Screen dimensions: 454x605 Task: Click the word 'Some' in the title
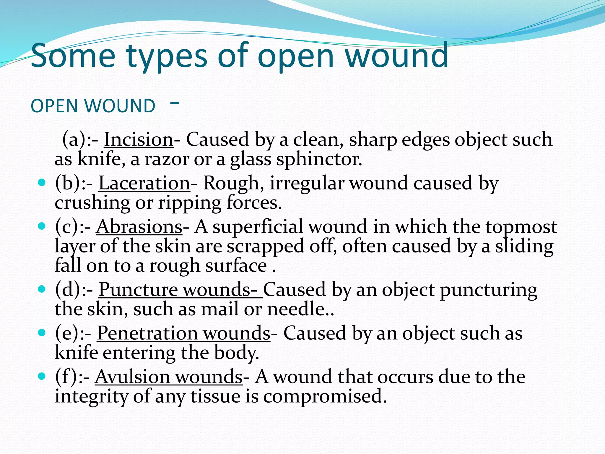73,56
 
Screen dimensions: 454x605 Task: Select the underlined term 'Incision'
138,140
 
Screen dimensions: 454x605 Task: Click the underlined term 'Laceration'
144,183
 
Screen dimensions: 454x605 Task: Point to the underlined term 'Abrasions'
139,227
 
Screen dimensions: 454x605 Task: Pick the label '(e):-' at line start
73,333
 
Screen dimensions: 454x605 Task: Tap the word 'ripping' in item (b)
189,203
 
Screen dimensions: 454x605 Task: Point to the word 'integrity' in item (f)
91,397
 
